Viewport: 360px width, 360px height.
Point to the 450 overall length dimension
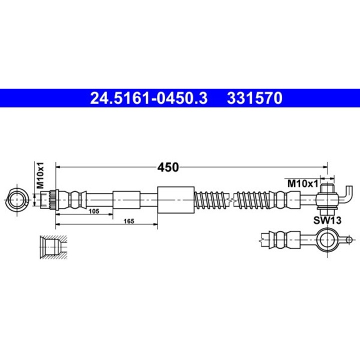(x=168, y=167)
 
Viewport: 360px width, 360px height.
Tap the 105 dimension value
(x=93, y=211)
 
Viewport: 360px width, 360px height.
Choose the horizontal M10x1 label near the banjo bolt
(x=302, y=183)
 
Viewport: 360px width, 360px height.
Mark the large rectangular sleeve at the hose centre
(x=175, y=199)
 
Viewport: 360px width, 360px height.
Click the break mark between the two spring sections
(x=232, y=200)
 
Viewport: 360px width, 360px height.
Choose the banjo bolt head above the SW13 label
(x=326, y=189)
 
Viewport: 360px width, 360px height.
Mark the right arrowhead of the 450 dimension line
(x=324, y=167)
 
